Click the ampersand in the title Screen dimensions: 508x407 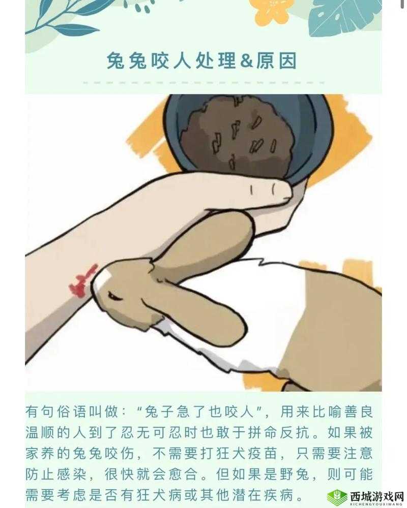coord(247,61)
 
